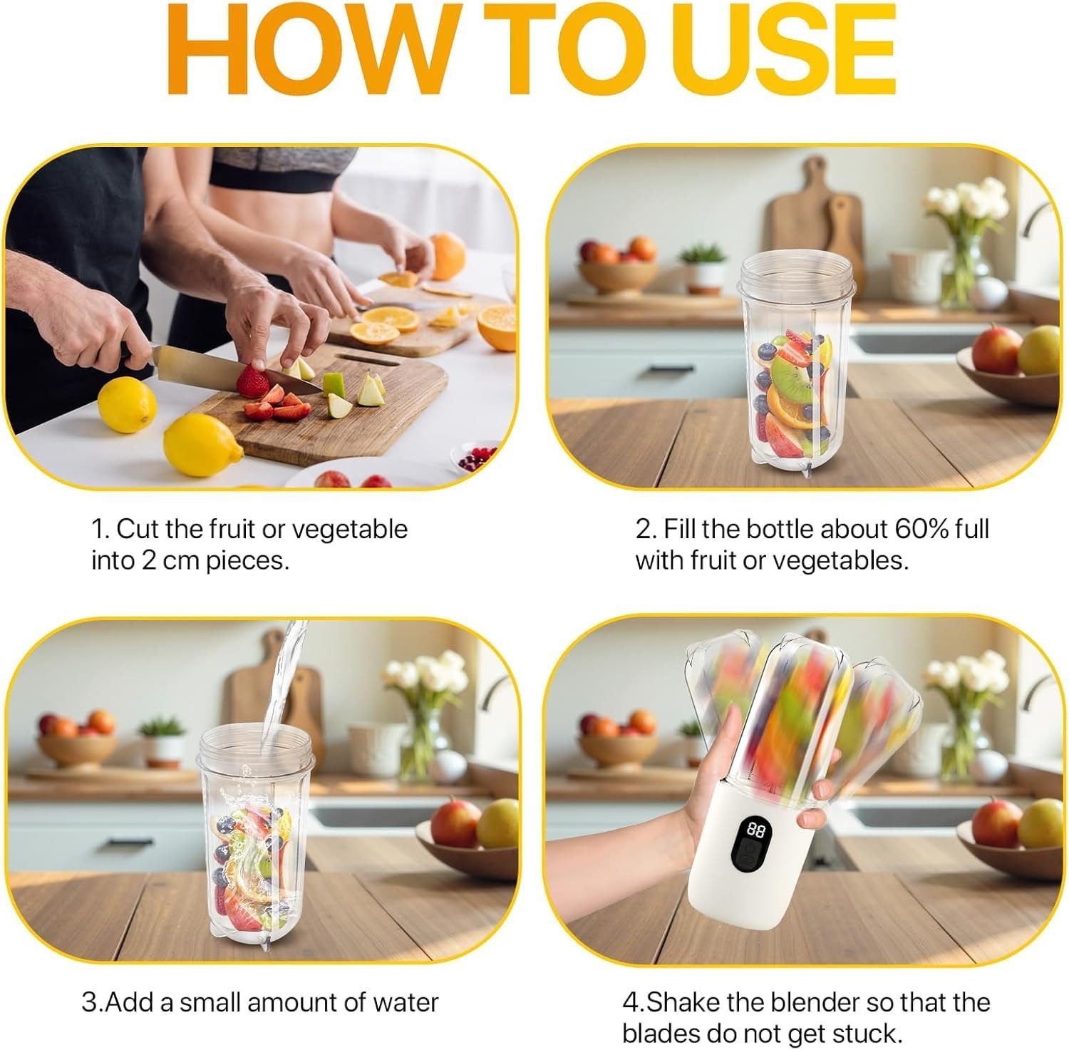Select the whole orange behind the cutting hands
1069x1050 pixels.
[x=448, y=256]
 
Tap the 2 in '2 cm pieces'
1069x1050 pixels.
[x=148, y=561]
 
